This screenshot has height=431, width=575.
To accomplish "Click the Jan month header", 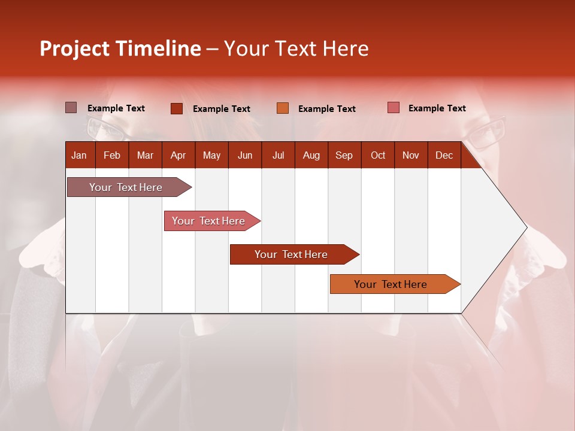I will point(79,155).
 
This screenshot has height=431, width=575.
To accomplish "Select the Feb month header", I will point(112,155).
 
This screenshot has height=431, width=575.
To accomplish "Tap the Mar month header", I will point(145,155).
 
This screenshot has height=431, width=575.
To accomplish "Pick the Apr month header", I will point(178,155).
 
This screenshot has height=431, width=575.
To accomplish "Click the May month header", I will point(211,155).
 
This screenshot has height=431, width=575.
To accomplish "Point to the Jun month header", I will point(245,155).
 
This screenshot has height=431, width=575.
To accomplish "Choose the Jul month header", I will point(278,155).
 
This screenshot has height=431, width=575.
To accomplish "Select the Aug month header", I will point(311,155).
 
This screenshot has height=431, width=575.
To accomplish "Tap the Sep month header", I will point(344,155).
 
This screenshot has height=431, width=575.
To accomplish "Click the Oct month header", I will point(378,155).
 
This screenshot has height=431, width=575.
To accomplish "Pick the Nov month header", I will point(411,155).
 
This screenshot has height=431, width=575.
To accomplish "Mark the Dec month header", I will point(444,155).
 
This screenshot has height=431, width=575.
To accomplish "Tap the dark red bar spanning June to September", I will point(292,254).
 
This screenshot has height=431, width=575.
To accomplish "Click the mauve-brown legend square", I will point(71,108).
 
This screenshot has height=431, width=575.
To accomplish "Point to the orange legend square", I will point(283,108).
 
